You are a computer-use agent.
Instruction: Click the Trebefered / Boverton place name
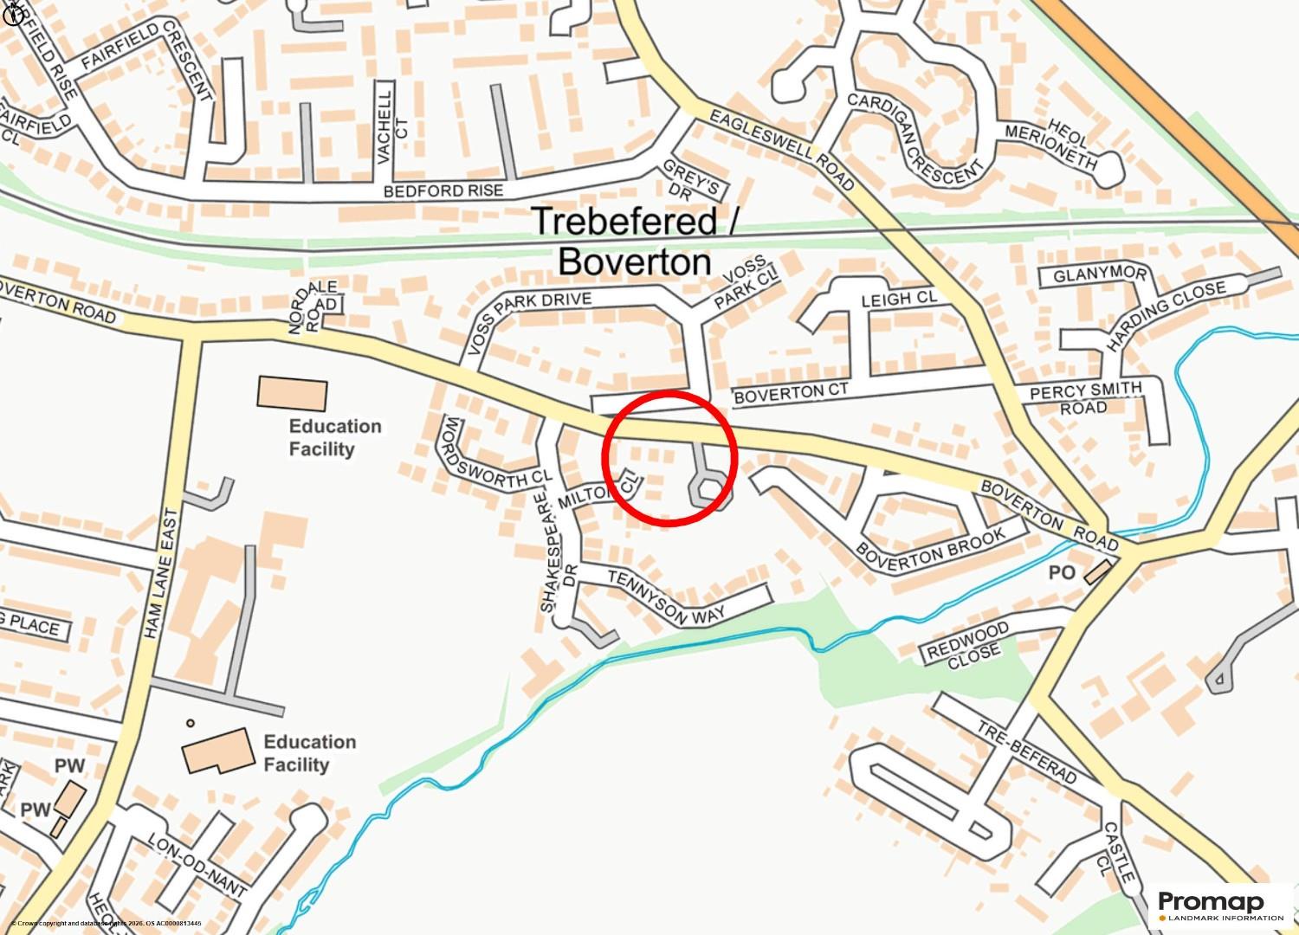click(x=634, y=240)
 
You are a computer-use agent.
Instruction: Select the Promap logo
click(x=1222, y=906)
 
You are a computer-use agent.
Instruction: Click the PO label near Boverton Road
click(x=1062, y=573)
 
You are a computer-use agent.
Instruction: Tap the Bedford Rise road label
click(x=443, y=190)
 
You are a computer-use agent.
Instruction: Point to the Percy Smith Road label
click(x=1086, y=399)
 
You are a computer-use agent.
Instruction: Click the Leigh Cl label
click(x=899, y=300)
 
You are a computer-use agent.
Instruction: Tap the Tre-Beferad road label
click(x=1027, y=751)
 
